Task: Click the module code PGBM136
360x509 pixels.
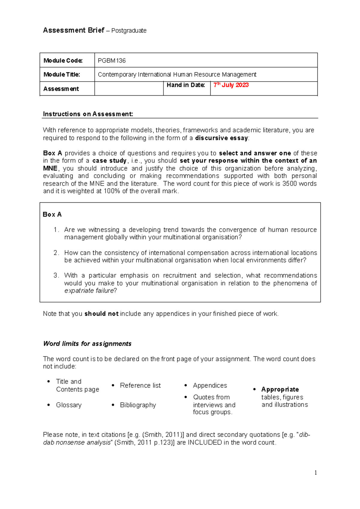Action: coord(112,61)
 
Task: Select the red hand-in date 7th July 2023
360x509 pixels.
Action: coord(231,85)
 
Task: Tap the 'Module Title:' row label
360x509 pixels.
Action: coord(61,75)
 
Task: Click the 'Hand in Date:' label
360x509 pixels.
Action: coord(186,85)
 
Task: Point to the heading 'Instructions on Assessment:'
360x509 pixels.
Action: coord(88,114)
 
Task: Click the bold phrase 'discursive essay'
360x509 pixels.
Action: coord(221,138)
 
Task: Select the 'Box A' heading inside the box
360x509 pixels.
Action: coord(52,215)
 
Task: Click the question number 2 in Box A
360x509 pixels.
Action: coord(56,253)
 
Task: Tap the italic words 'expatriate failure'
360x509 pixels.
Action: coord(89,291)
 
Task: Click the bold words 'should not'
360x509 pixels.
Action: coord(101,314)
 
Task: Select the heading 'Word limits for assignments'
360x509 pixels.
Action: coord(87,344)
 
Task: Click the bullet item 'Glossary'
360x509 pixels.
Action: coord(69,405)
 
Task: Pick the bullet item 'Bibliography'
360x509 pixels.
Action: coord(138,405)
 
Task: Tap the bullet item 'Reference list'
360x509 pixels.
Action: coord(140,385)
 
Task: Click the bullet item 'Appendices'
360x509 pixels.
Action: coord(210,385)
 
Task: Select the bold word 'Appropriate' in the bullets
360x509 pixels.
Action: coord(280,389)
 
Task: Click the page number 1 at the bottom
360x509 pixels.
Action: coord(316,473)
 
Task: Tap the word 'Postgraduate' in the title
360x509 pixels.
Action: coord(129,31)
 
